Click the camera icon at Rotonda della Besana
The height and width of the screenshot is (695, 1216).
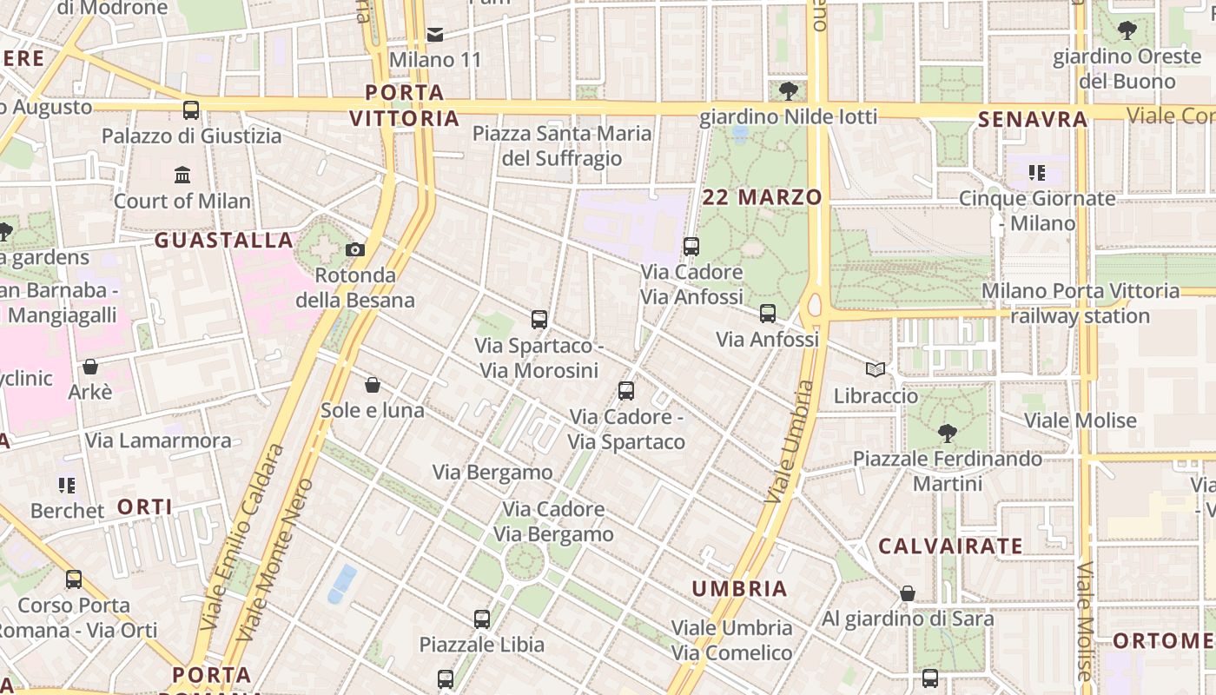click(354, 250)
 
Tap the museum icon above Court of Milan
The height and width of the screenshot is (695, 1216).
click(182, 175)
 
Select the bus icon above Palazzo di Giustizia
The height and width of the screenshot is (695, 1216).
click(191, 110)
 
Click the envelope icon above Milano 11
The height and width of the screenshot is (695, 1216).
click(435, 35)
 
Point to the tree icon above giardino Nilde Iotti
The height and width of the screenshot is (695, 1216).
click(789, 90)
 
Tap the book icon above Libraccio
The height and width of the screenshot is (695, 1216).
click(876, 370)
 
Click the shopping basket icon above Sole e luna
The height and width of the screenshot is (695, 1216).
click(373, 385)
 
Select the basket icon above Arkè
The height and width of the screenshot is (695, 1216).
click(90, 367)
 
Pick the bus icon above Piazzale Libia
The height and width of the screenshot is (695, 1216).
click(482, 619)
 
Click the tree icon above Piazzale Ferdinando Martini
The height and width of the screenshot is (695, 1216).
click(948, 433)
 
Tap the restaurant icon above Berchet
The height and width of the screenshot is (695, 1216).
click(67, 485)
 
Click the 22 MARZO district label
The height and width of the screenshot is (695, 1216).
click(762, 197)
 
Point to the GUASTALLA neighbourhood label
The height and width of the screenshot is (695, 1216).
click(223, 241)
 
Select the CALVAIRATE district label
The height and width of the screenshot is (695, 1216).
click(950, 546)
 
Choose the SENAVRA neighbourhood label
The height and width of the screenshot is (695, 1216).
click(1033, 120)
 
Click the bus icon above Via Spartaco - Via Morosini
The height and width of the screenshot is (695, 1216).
click(539, 320)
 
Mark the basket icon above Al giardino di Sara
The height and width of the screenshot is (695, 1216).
click(908, 593)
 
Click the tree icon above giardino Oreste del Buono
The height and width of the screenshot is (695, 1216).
click(1127, 31)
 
